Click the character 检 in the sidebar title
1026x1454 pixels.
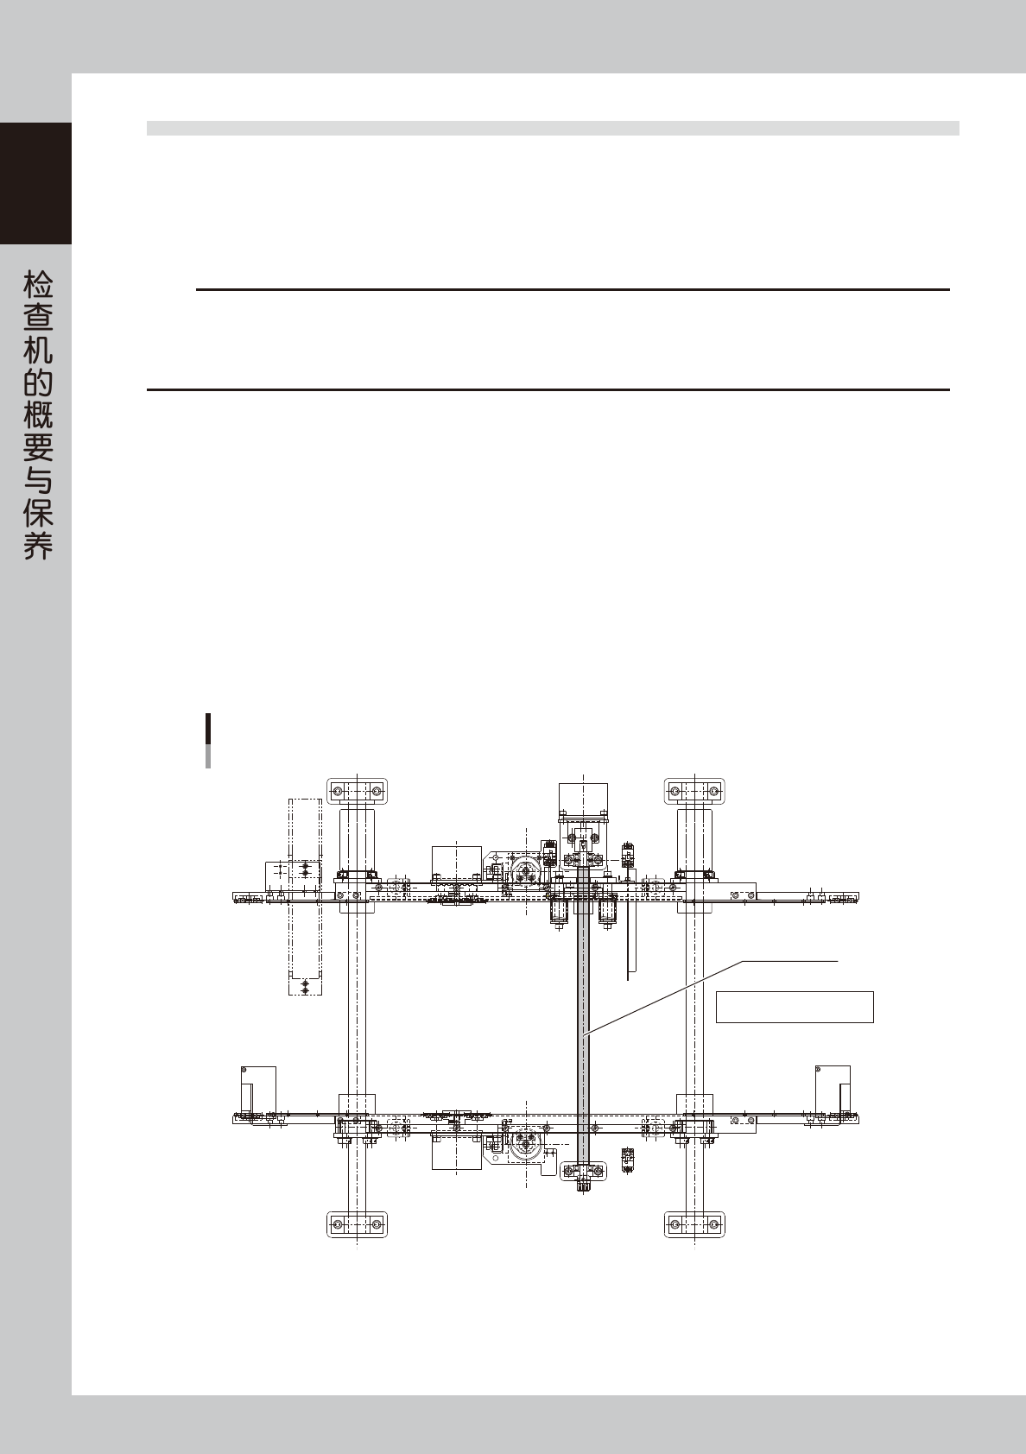pyautogui.click(x=37, y=285)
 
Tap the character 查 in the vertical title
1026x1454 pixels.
pyautogui.click(x=37, y=319)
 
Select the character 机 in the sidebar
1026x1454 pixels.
pyautogui.click(x=37, y=351)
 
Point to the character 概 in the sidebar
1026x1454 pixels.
pyautogui.click(x=37, y=416)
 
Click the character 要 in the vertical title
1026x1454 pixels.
pyautogui.click(x=37, y=448)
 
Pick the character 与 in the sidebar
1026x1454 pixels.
pyautogui.click(x=37, y=481)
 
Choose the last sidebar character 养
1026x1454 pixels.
pyautogui.click(x=37, y=546)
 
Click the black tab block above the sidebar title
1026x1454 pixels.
pyautogui.click(x=35, y=183)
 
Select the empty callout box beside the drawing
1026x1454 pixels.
pyautogui.click(x=795, y=1007)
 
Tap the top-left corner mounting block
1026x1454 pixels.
pyautogui.click(x=357, y=791)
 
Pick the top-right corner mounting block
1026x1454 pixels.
pyautogui.click(x=693, y=791)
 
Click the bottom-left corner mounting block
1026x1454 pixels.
pyautogui.click(x=357, y=1224)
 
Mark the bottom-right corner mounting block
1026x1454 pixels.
pyautogui.click(x=693, y=1224)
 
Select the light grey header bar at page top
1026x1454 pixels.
pyautogui.click(x=553, y=128)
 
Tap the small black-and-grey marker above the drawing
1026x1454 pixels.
pyautogui.click(x=208, y=740)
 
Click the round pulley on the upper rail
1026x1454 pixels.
pyautogui.click(x=526, y=873)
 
